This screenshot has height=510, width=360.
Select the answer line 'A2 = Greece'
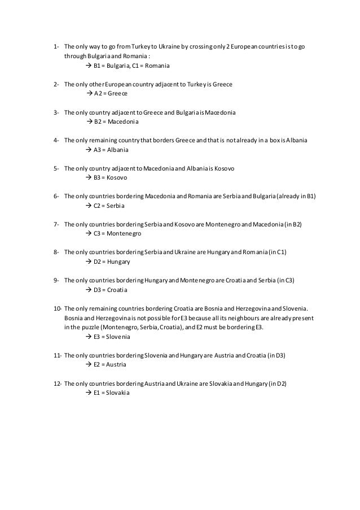[111, 93]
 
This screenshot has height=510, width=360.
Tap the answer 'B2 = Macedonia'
[116, 121]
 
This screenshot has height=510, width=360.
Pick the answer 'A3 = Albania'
[111, 150]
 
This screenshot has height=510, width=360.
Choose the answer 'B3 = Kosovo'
[111, 177]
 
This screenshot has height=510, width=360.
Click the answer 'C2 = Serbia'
[109, 206]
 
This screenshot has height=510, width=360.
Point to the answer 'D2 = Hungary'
[112, 261]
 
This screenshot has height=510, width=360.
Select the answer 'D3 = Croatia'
[111, 290]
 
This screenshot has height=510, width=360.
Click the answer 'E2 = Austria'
[110, 364]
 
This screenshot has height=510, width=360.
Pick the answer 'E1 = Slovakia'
[112, 393]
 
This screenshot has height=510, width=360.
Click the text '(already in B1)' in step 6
[296, 197]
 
